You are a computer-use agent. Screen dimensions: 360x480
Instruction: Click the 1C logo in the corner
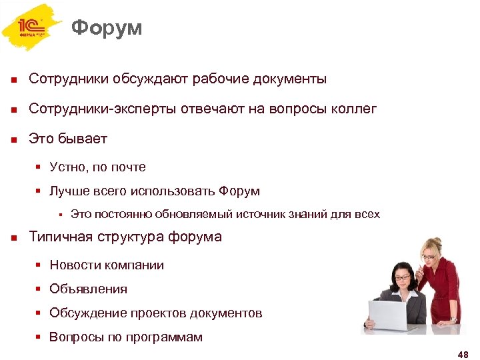click(32, 27)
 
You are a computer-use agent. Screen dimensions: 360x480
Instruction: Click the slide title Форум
click(107, 28)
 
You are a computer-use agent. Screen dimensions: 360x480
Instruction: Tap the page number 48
click(463, 354)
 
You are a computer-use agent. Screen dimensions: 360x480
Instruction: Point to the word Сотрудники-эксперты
click(103, 109)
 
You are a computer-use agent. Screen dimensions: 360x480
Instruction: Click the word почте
click(129, 167)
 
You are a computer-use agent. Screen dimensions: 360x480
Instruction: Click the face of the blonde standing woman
click(429, 250)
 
